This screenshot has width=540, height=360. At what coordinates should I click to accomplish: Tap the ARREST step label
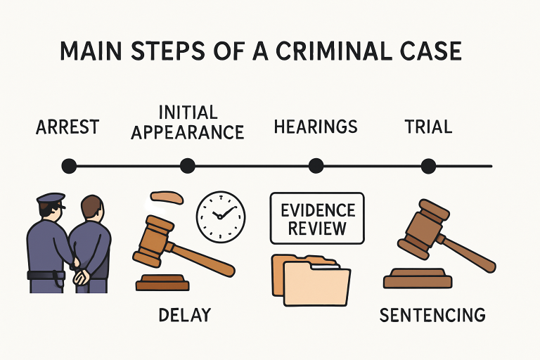[x=67, y=127]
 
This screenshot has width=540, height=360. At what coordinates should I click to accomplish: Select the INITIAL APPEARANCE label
[x=187, y=122]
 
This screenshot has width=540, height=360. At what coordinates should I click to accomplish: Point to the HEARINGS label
[x=316, y=127]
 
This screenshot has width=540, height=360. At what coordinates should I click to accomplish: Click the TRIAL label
[x=428, y=127]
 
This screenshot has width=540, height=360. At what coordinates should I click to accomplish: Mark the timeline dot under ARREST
[x=68, y=167]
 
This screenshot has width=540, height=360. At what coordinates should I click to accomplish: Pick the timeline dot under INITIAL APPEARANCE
[x=187, y=167]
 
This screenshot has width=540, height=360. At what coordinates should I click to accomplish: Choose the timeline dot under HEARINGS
[x=316, y=167]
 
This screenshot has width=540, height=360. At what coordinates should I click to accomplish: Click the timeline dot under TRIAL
[x=428, y=167]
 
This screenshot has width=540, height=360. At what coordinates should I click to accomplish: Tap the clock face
[x=220, y=214]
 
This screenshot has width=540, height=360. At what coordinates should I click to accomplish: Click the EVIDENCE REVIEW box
[x=317, y=219]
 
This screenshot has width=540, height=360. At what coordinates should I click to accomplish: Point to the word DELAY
[x=185, y=314]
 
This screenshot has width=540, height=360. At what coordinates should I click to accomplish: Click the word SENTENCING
[x=432, y=314]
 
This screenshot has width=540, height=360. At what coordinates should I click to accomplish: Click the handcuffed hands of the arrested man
[x=82, y=275]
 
